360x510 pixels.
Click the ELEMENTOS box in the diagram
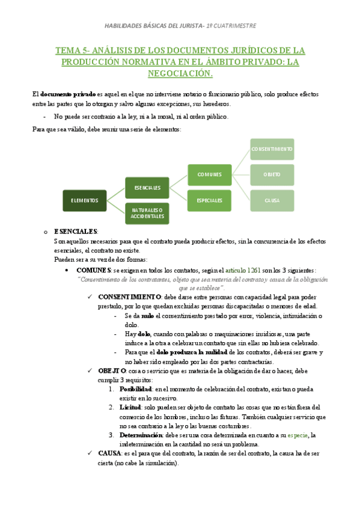click(x=85, y=200)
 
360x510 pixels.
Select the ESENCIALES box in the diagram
click(x=147, y=188)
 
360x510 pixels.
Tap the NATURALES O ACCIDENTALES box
click(x=147, y=214)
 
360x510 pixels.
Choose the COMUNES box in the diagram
click(x=209, y=174)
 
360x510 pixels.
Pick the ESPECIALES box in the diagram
click(x=209, y=200)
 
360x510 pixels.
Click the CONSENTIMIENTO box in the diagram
click(x=272, y=149)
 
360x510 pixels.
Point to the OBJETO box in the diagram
click(x=272, y=174)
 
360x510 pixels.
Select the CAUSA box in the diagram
click(x=272, y=200)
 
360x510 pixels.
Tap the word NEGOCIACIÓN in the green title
click(x=180, y=73)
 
